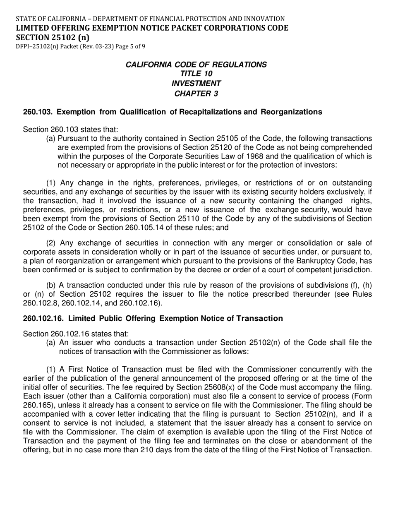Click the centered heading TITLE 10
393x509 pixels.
pyautogui.click(x=196, y=74)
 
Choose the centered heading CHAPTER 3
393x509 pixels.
pyautogui.click(x=196, y=94)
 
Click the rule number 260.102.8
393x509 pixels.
pyautogui.click(x=41, y=303)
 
